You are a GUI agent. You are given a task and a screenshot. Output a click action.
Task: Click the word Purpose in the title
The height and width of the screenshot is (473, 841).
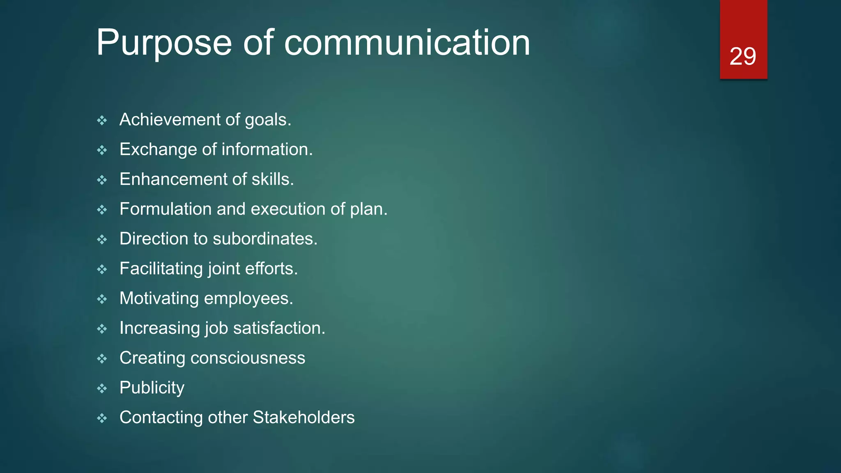(x=164, y=43)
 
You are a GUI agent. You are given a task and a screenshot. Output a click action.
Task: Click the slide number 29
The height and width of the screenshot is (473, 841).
(x=742, y=56)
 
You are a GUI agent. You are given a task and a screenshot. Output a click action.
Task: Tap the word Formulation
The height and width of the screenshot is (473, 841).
(x=165, y=209)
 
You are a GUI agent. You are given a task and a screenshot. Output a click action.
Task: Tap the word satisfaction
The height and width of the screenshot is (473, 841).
(x=279, y=328)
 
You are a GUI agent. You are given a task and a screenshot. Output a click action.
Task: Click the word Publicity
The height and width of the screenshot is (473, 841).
(x=152, y=388)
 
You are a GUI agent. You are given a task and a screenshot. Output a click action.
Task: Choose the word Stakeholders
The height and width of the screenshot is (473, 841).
(x=303, y=418)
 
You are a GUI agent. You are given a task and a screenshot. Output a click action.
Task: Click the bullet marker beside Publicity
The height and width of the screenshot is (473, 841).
(x=102, y=388)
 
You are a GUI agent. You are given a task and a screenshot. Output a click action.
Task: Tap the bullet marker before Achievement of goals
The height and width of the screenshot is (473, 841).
(x=102, y=121)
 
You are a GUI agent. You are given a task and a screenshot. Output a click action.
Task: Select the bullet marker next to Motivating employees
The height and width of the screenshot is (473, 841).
(x=102, y=299)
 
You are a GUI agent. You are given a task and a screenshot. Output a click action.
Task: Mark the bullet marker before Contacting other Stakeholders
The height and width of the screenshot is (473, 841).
(x=102, y=418)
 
